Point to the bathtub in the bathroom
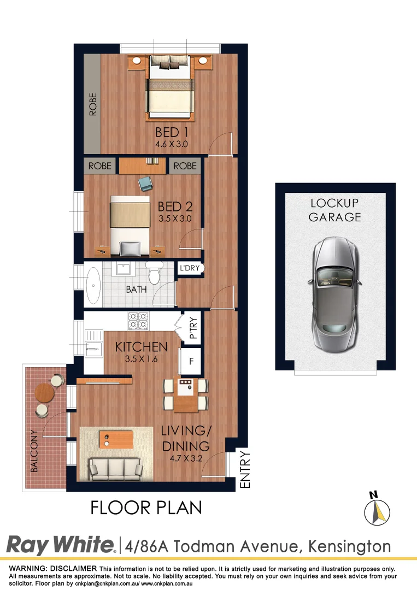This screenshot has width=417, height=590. (93, 285)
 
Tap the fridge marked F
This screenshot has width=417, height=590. (191, 362)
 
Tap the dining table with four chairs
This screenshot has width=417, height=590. (186, 394)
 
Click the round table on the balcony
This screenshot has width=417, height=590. (44, 392)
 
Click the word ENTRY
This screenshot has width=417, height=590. (245, 469)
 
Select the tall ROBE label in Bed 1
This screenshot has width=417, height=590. (92, 104)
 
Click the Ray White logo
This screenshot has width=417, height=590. (60, 545)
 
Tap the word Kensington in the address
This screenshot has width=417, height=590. (350, 546)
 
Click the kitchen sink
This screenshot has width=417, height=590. (92, 345)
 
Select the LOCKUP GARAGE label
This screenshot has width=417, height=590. (334, 210)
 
